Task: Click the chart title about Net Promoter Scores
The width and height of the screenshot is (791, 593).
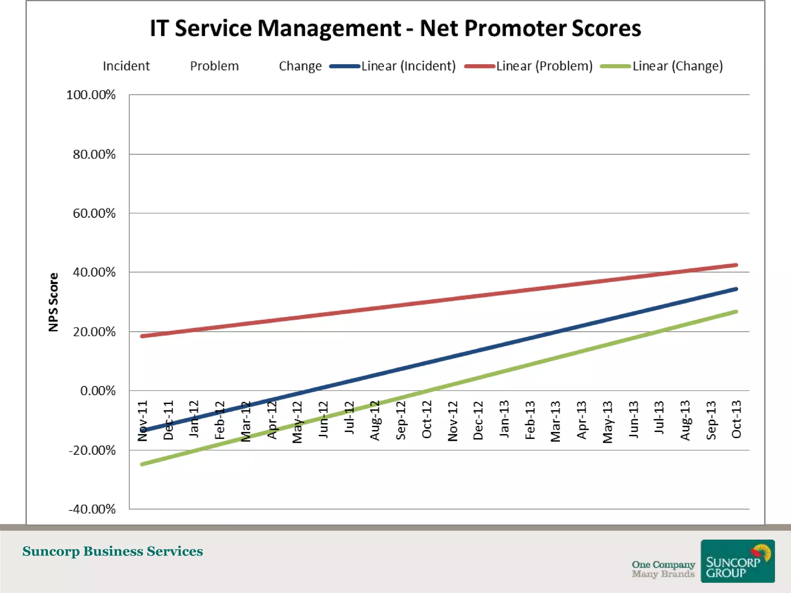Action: (x=395, y=29)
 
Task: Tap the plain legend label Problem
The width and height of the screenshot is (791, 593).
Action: (x=214, y=66)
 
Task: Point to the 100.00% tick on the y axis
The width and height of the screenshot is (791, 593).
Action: (x=91, y=95)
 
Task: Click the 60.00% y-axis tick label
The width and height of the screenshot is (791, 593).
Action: (x=94, y=213)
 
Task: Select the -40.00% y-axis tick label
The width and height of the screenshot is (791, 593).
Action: (x=92, y=509)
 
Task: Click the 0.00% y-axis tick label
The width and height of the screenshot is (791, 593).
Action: (x=98, y=391)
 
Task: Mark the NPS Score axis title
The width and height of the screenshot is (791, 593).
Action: (x=53, y=302)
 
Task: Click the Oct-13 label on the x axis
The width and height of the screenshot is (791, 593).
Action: (x=737, y=420)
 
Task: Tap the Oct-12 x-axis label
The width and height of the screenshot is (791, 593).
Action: (x=426, y=420)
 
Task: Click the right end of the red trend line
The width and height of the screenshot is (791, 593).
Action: (x=736, y=265)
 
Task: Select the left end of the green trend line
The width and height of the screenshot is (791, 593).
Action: (x=142, y=464)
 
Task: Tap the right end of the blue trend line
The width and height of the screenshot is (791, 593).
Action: (x=736, y=289)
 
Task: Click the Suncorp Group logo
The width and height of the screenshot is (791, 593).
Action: (x=737, y=561)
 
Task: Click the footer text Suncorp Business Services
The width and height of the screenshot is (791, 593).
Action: (x=112, y=551)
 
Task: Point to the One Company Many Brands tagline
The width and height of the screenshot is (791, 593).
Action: (x=663, y=569)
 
